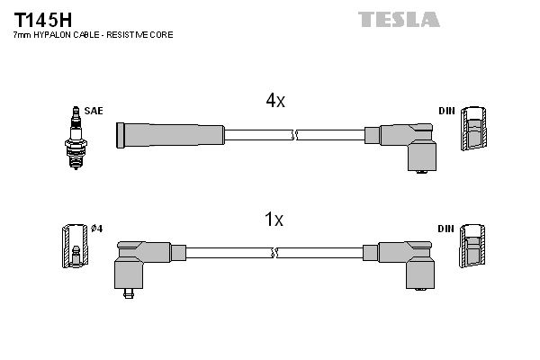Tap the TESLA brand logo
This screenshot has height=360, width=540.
pos(398,19)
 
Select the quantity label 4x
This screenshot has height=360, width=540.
pos(275,102)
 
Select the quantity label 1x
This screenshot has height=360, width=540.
pos(274,219)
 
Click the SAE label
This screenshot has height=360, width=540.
pos(94,111)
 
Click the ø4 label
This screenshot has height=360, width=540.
pos(97,229)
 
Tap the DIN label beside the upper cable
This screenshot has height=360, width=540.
pos(446,111)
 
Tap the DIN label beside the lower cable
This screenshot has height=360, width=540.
pos(446,229)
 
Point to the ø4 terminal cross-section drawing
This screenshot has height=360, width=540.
pos(74,245)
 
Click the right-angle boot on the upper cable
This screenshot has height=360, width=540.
pos(409,144)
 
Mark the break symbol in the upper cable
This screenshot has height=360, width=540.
pos(293,135)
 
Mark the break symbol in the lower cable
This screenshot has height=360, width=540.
pos(275,253)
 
